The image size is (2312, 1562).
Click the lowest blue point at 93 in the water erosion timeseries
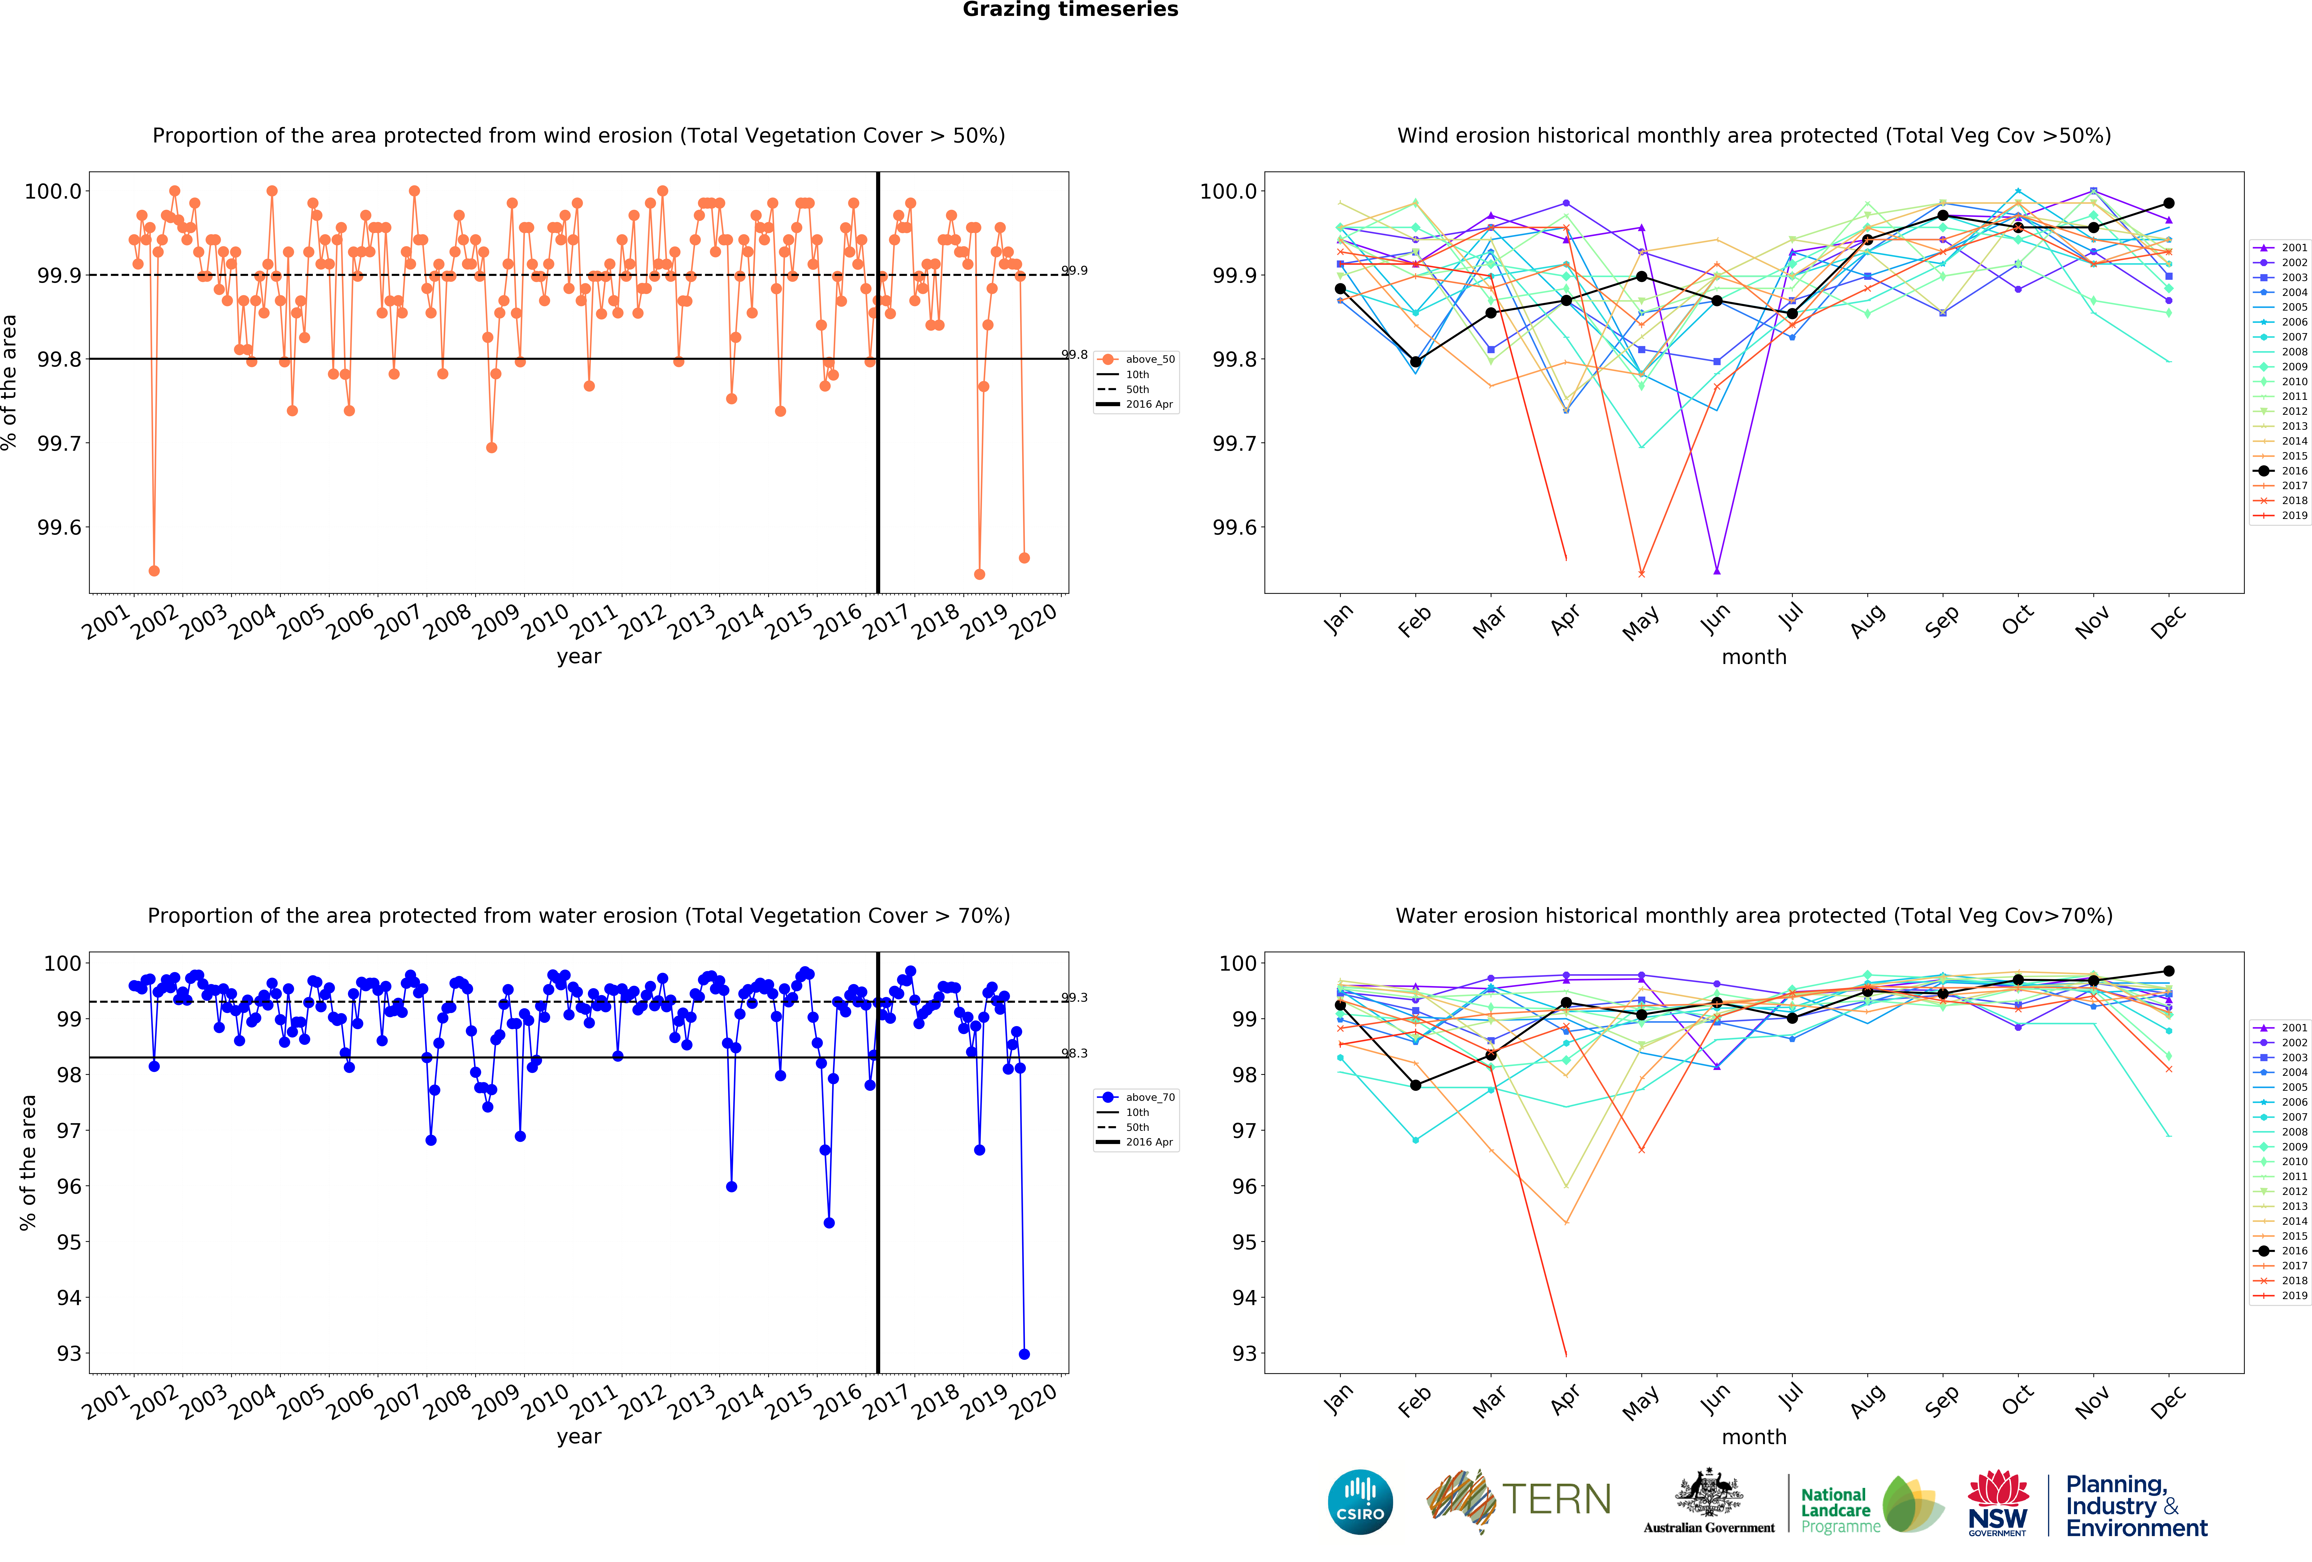click(1025, 1354)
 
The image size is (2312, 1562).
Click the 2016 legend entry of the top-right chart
click(2285, 471)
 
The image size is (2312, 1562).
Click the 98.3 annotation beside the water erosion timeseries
click(1074, 1053)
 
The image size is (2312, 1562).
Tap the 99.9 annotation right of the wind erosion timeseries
click(1074, 271)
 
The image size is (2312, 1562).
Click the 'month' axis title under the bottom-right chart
click(1754, 1437)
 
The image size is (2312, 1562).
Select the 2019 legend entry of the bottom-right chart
click(2285, 1295)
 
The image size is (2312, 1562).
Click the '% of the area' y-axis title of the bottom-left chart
click(28, 1162)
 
